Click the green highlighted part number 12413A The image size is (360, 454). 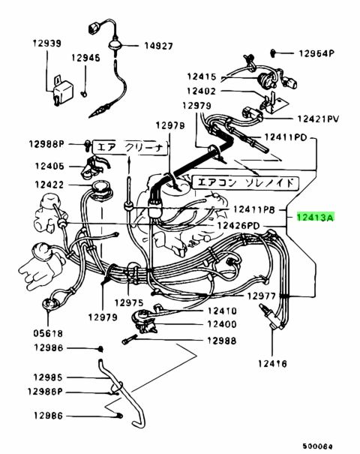tap(316, 217)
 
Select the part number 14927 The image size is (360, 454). tap(158, 46)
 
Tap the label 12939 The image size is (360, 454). tap(47, 44)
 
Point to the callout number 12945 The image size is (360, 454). tap(85, 58)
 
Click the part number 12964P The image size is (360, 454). tap(316, 53)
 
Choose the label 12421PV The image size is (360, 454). tap(318, 119)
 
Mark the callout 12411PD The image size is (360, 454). tap(285, 137)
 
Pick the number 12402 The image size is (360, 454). tap(202, 92)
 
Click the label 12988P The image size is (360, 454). tap(46, 144)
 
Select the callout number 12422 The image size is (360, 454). tap(49, 185)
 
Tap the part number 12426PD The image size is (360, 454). tap(238, 225)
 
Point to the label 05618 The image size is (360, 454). tap(48, 333)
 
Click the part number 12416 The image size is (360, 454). tap(272, 363)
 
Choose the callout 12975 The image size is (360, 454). tap(129, 303)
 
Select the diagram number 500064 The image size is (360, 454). tap(318, 446)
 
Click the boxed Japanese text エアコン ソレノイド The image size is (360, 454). tap(245, 183)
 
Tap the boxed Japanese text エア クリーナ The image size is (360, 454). tap(130, 148)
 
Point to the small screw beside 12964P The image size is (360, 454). tap(272, 53)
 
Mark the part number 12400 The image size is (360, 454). tap(222, 324)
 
